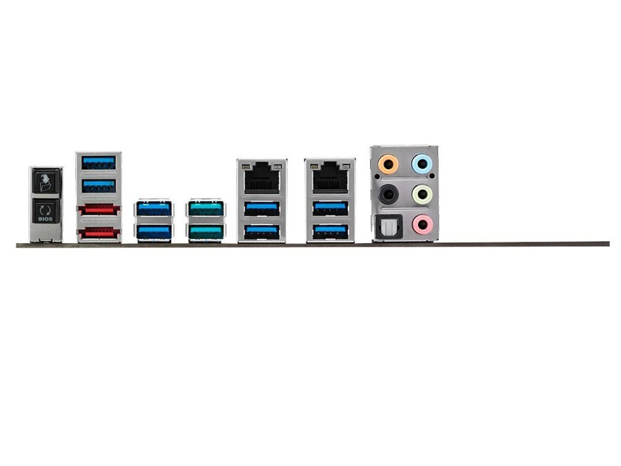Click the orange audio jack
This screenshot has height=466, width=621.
click(x=388, y=163)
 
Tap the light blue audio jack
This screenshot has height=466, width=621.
click(x=422, y=163)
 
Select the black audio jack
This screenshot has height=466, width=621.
click(x=388, y=194)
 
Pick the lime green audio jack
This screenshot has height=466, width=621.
click(x=422, y=194)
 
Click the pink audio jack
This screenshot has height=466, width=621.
click(x=422, y=224)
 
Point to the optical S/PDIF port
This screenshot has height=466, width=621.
click(x=388, y=226)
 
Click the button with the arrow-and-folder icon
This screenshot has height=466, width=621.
click(x=46, y=182)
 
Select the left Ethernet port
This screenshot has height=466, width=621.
click(x=262, y=177)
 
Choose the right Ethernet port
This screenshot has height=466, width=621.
click(x=330, y=177)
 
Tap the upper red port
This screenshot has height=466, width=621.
click(x=99, y=209)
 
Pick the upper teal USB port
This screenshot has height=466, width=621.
click(x=206, y=208)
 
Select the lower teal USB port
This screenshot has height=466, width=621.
click(x=206, y=232)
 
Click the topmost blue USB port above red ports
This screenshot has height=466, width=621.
click(x=99, y=162)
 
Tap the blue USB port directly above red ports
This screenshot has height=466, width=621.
click(x=99, y=186)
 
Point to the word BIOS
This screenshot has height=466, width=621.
click(x=46, y=219)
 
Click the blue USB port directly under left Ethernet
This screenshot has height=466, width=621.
click(x=262, y=208)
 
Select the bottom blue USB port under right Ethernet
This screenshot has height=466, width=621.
click(x=331, y=232)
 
